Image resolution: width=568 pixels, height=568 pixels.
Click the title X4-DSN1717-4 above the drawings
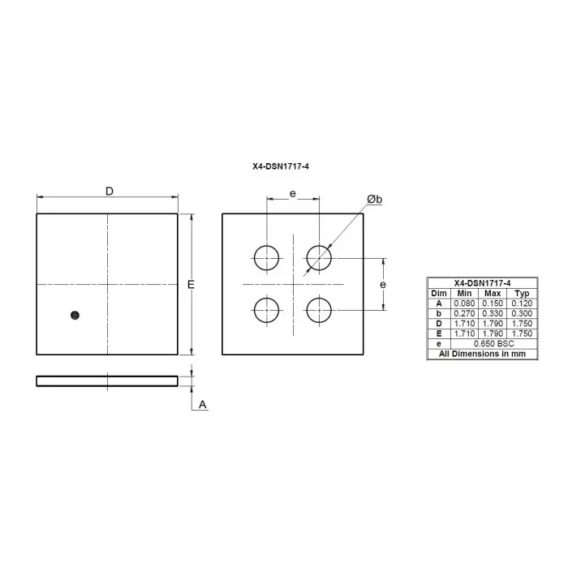(x=281, y=166)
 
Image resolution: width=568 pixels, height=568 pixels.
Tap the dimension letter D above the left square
(x=109, y=191)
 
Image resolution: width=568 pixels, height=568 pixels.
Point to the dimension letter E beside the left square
(x=191, y=285)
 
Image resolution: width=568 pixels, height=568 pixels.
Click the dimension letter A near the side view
(x=203, y=404)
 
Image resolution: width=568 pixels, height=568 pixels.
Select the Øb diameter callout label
(x=374, y=200)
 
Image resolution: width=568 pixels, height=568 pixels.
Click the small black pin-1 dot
(x=75, y=315)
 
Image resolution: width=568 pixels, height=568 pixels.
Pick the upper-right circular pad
(x=319, y=258)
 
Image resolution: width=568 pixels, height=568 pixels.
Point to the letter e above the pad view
(x=293, y=194)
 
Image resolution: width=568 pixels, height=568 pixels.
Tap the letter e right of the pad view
(x=382, y=284)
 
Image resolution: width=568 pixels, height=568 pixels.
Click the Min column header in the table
(x=464, y=293)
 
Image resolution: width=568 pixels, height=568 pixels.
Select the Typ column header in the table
(x=523, y=293)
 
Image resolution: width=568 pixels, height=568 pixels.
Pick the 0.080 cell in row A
(x=464, y=303)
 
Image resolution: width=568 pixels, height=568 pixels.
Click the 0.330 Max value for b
(x=493, y=313)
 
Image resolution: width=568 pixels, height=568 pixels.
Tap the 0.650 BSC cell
(x=493, y=344)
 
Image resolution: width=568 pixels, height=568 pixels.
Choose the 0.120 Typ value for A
(x=523, y=303)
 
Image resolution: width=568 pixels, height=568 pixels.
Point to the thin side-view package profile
(x=106, y=381)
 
